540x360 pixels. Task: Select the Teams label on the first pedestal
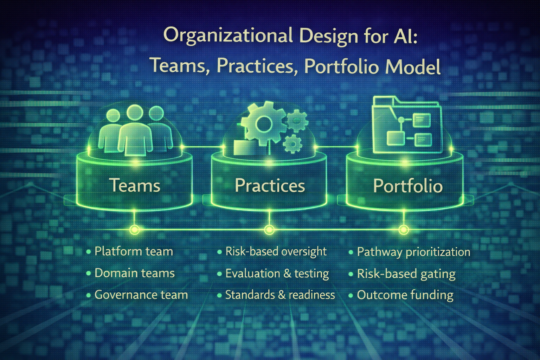coord(135,185)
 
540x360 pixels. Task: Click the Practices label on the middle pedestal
coord(270,185)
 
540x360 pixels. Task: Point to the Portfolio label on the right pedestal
coord(407,186)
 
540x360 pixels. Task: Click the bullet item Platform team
coord(134,252)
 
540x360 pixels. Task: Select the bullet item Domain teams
coord(134,273)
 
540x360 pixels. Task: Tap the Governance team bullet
coord(141,295)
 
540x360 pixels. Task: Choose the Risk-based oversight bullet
coord(276,252)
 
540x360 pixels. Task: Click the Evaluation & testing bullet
coord(277,274)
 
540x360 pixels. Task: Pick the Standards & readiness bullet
coord(280,295)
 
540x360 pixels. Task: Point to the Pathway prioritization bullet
coord(413,252)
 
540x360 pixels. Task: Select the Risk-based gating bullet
coord(406,274)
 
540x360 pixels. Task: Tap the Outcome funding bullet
coord(405,295)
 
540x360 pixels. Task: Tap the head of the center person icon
coord(135,112)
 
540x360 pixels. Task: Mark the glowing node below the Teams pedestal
coord(135,230)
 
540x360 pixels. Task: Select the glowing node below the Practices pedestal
coord(269,230)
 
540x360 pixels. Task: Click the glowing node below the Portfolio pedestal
coord(404,230)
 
